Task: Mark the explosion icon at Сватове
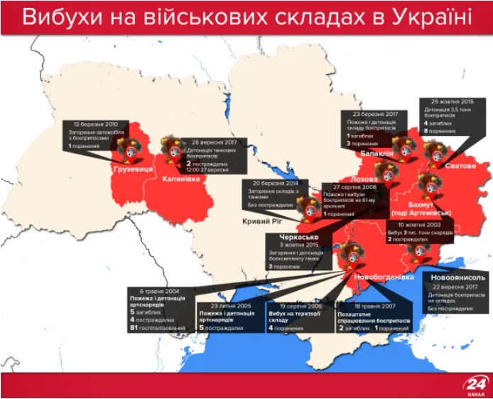(434, 153)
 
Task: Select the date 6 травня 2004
(157, 291)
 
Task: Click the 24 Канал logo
(474, 385)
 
